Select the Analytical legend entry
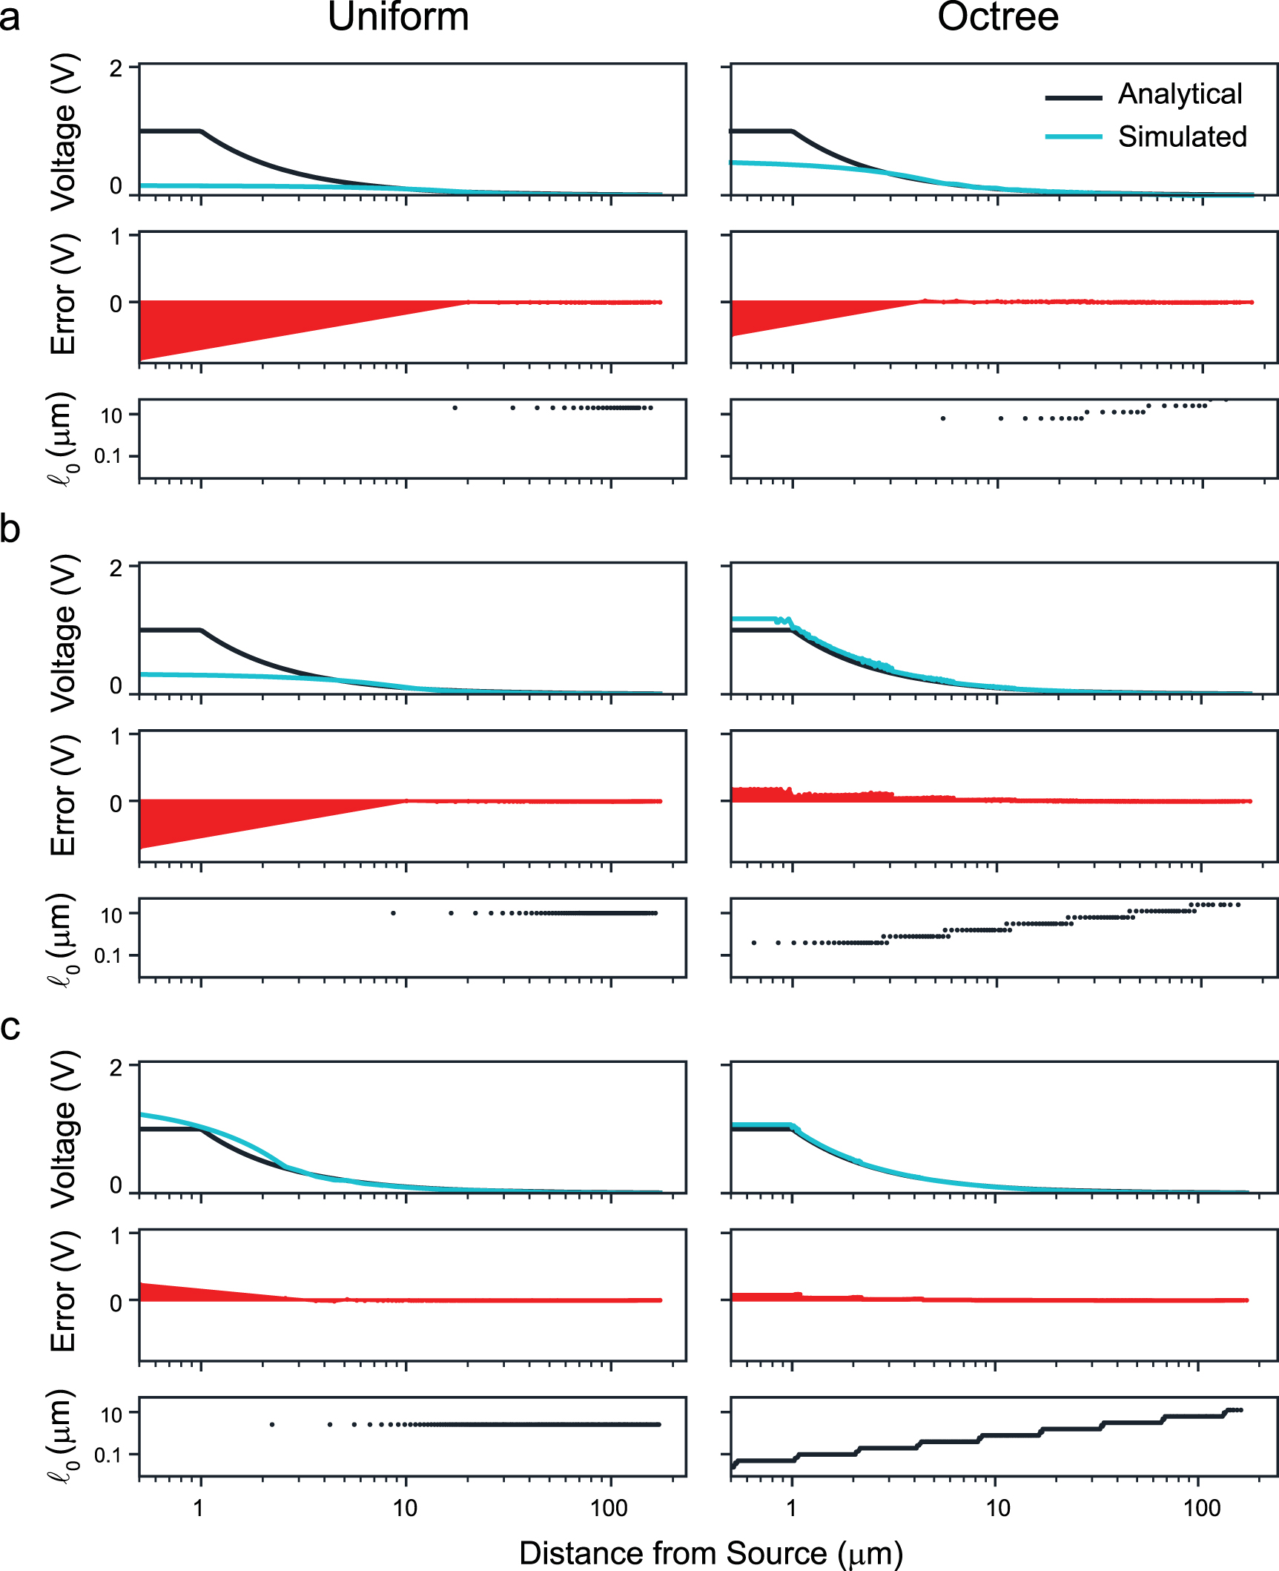coord(1179,94)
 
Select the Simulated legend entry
coord(1182,136)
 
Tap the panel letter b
coord(10,529)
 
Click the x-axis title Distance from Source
coord(710,1552)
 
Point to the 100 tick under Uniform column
coord(609,1508)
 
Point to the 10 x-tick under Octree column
coord(997,1508)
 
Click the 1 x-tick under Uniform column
coord(199,1508)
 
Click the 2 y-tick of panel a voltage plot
coord(116,69)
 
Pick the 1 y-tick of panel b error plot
coord(116,737)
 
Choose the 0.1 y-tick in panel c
coord(108,1455)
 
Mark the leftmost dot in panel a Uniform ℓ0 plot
coord(455,407)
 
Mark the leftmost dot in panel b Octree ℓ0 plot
coord(753,943)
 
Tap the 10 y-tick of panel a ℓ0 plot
coord(111,416)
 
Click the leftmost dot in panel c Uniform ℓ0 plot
coord(272,1424)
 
